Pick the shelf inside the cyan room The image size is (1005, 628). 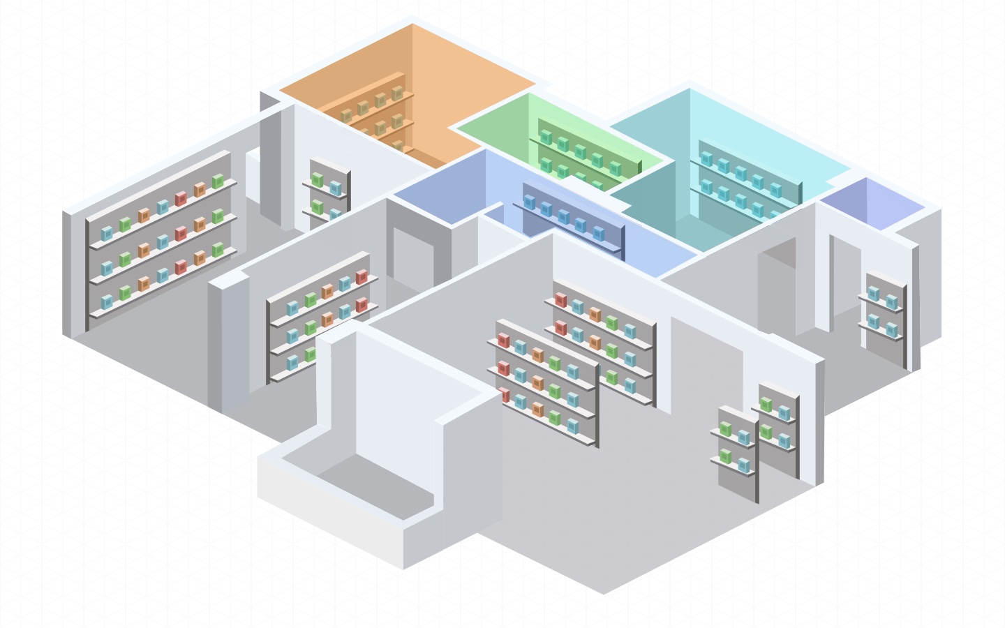tap(747, 181)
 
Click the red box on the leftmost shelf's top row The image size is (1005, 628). tap(181, 199)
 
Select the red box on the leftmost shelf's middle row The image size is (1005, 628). tap(181, 233)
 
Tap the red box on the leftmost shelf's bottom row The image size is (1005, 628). tap(181, 267)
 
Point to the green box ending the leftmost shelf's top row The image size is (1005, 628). tap(218, 181)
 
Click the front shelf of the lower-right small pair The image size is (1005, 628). tap(736, 450)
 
